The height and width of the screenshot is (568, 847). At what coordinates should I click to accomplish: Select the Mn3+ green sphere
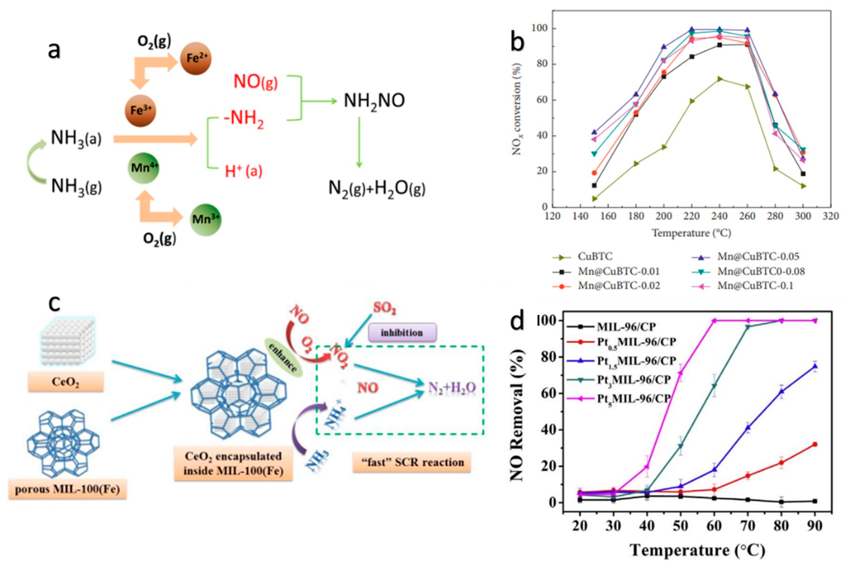click(x=205, y=220)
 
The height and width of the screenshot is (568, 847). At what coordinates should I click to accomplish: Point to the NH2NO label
click(x=374, y=101)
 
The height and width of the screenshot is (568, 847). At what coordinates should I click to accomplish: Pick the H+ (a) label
click(x=243, y=171)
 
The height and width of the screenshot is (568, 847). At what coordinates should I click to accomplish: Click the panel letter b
click(x=517, y=42)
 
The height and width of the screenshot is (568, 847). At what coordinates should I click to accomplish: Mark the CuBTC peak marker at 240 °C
click(x=720, y=79)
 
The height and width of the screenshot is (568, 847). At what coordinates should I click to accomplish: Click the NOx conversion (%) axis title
click(x=517, y=109)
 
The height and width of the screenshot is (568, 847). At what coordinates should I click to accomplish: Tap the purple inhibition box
click(x=402, y=333)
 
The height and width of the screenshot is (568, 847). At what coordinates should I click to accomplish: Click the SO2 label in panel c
click(x=385, y=308)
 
